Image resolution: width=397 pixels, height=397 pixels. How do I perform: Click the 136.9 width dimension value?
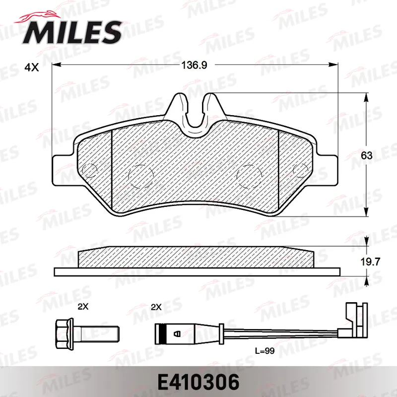pyautogui.click(x=194, y=66)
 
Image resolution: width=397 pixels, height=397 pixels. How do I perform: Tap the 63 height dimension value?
pyautogui.click(x=367, y=155)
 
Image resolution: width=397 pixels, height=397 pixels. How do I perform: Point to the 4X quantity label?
pyautogui.click(x=32, y=67)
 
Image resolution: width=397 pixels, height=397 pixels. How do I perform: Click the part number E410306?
pyautogui.click(x=198, y=382)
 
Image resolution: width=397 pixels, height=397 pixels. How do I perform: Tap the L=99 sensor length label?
pyautogui.click(x=265, y=351)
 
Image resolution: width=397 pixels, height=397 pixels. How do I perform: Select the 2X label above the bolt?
pyautogui.click(x=83, y=307)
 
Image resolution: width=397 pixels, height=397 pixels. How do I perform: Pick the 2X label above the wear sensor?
pyautogui.click(x=156, y=307)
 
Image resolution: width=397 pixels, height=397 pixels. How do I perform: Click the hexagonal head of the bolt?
pyautogui.click(x=65, y=333)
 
